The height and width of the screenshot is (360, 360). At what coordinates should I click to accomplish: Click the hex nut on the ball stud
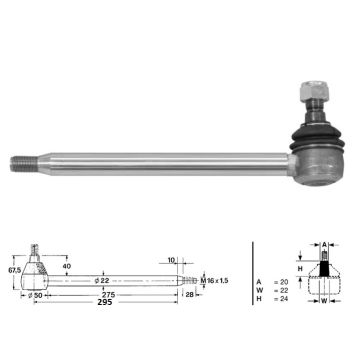pyautogui.click(x=315, y=92)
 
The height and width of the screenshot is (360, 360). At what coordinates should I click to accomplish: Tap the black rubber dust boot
pyautogui.click(x=317, y=137)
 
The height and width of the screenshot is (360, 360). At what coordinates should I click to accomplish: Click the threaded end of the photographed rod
pyautogui.click(x=24, y=164)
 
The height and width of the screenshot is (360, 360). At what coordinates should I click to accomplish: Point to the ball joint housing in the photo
pyautogui.click(x=317, y=166)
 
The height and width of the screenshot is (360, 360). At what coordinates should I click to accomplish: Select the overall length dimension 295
pyautogui.click(x=105, y=302)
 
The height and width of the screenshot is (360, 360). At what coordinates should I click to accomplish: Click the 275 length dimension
pyautogui.click(x=109, y=295)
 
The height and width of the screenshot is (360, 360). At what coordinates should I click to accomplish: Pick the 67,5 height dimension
pyautogui.click(x=15, y=270)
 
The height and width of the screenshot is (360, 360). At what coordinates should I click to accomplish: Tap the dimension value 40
pyautogui.click(x=67, y=266)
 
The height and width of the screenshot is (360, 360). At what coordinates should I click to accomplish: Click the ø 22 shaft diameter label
pyautogui.click(x=102, y=281)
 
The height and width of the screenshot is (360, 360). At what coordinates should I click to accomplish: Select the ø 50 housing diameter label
pyautogui.click(x=34, y=295)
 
